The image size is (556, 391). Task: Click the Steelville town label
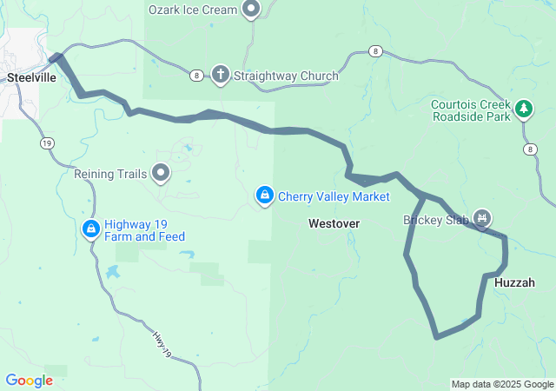pyautogui.click(x=30, y=76)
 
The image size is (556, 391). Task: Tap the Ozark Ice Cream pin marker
pyautogui.click(x=252, y=10)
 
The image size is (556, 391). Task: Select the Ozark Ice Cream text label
pyautogui.click(x=192, y=10)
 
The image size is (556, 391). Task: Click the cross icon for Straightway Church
pyautogui.click(x=220, y=76)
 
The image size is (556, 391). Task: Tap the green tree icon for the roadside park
pyautogui.click(x=524, y=109)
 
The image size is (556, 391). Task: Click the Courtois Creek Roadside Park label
pyautogui.click(x=470, y=110)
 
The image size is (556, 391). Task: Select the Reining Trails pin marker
pyautogui.click(x=161, y=173)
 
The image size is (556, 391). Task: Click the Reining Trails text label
pyautogui.click(x=106, y=174)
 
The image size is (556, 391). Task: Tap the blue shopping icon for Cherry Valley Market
pyautogui.click(x=264, y=196)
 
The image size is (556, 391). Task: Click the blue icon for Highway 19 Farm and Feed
pyautogui.click(x=90, y=229)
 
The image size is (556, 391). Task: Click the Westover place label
pyautogui.click(x=334, y=223)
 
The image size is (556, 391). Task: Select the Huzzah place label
pyautogui.click(x=514, y=283)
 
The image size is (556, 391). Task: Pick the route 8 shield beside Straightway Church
pyautogui.click(x=197, y=76)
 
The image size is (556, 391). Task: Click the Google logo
pyautogui.click(x=29, y=381)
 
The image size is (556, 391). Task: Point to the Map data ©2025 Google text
pyautogui.click(x=502, y=384)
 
